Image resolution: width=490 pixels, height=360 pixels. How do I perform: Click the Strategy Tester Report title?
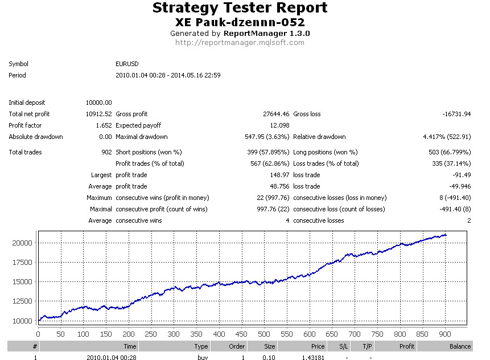[x=240, y=8]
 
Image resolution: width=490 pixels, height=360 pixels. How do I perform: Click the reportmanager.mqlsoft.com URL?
[x=240, y=43]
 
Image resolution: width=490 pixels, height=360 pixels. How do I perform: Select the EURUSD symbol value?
[x=127, y=64]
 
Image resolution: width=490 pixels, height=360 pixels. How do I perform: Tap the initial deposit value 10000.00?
[x=99, y=103]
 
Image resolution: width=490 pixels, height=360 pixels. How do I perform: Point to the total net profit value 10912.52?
[x=99, y=114]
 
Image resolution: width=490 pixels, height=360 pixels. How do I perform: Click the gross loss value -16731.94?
[x=456, y=114]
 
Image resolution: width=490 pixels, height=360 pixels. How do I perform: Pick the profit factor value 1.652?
[x=104, y=125]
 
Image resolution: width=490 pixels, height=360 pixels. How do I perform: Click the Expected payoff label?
[x=138, y=125]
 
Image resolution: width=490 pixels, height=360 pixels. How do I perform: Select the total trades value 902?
[x=106, y=152]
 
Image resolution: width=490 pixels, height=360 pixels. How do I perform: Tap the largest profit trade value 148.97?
[x=279, y=175]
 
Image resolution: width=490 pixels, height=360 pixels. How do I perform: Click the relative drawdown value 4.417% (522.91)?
[x=447, y=137]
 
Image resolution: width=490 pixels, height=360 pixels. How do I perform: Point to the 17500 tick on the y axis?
[x=22, y=263]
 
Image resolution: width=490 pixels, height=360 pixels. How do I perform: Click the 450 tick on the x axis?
[x=241, y=334]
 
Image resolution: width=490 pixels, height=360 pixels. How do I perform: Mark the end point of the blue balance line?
[x=446, y=235]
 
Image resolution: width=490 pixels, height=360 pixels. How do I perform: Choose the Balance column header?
[x=460, y=346]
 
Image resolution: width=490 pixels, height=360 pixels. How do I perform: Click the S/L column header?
[x=343, y=346]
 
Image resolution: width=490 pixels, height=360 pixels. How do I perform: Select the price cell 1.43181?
[x=313, y=357]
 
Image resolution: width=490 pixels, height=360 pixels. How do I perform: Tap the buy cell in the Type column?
[x=203, y=357]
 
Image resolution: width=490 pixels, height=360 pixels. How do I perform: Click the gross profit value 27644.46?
[x=276, y=114]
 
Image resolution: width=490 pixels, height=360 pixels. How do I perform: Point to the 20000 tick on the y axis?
[x=22, y=243]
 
